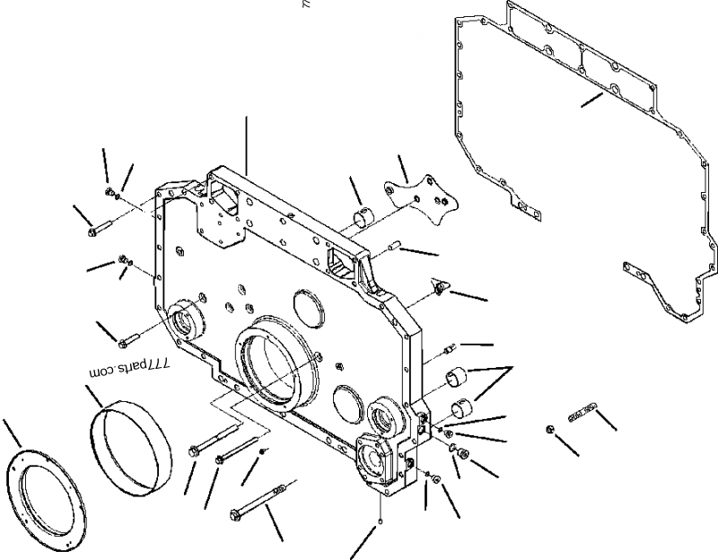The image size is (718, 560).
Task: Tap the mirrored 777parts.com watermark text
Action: click(x=130, y=367)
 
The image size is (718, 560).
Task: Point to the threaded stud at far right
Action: click(x=582, y=410)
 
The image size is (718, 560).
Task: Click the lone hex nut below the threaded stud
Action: click(x=549, y=430)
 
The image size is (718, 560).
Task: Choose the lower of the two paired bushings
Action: click(x=464, y=407)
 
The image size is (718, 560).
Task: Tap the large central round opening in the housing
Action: click(x=273, y=368)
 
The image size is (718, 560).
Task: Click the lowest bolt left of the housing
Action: click(x=126, y=338)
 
